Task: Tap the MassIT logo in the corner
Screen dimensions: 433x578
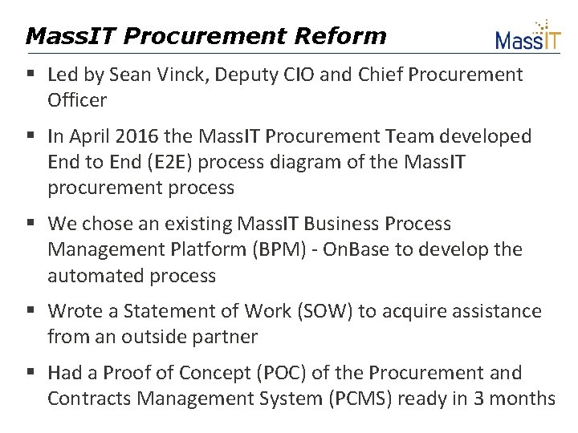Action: pyautogui.click(x=527, y=36)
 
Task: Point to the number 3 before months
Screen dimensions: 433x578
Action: pyautogui.click(x=480, y=399)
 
